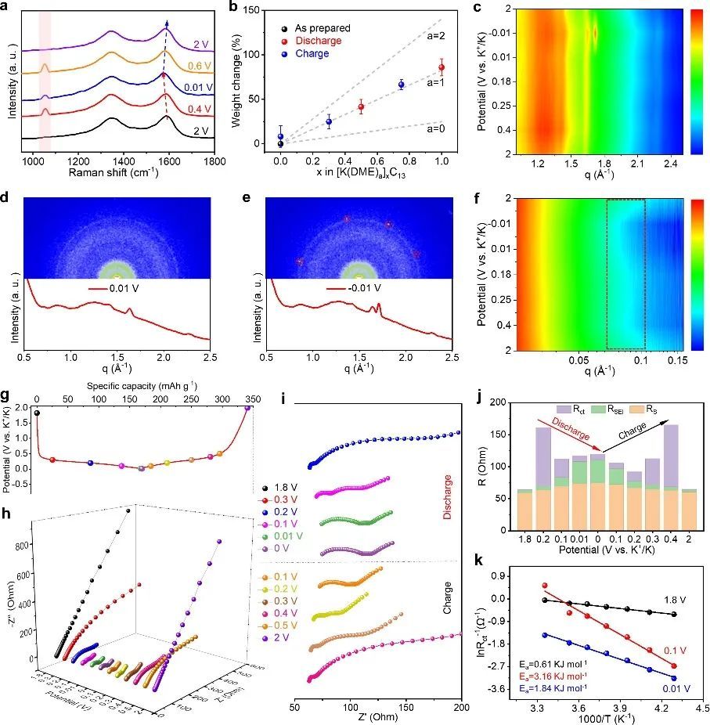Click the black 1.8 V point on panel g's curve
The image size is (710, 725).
pyautogui.click(x=37, y=413)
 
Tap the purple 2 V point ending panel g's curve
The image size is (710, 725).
pyautogui.click(x=248, y=408)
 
